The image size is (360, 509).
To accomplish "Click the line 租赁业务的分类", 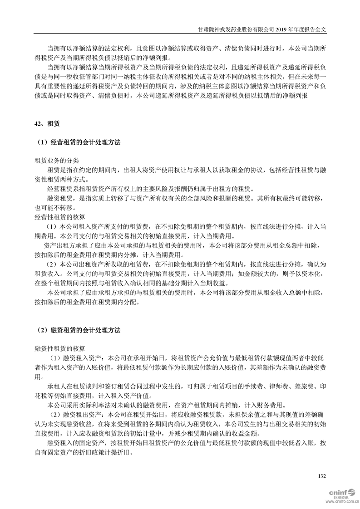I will coord(57,161).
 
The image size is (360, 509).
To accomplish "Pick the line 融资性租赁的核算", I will coord(60,348).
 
